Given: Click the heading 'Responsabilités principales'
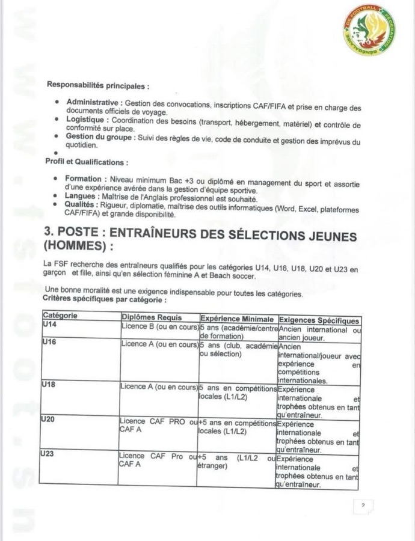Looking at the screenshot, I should [98, 85].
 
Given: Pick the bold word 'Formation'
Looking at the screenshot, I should [85, 179].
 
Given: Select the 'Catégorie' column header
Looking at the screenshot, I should [61, 316].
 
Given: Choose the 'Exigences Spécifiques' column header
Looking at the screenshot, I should [319, 320].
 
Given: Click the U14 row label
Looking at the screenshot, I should [50, 325].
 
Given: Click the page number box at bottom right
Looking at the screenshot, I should [363, 506].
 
